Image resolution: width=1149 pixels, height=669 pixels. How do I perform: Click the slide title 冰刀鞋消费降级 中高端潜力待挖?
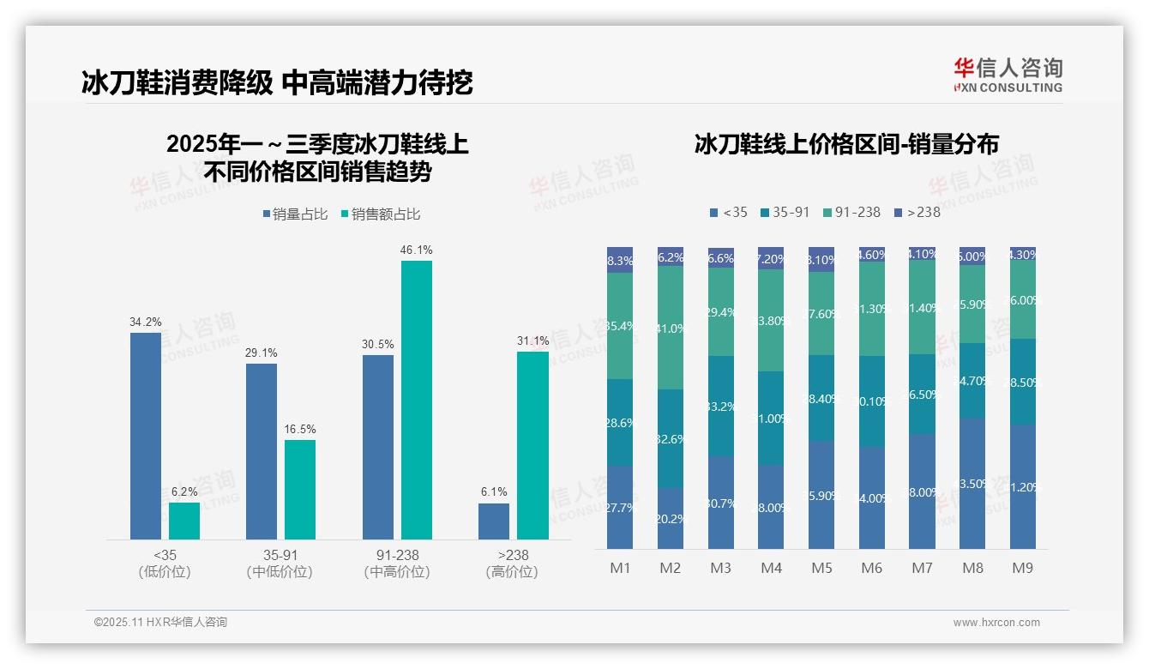277,83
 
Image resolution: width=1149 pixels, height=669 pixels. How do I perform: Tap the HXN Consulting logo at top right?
1008,75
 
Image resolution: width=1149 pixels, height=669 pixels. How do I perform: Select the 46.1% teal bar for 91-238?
417,400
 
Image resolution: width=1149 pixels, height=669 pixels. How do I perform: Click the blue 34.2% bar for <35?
146,436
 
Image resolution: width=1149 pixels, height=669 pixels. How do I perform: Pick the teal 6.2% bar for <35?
184,521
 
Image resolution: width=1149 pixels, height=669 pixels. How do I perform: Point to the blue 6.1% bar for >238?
494,521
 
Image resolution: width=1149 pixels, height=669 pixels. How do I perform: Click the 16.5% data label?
300,429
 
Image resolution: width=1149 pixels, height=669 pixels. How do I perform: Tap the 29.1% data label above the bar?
262,353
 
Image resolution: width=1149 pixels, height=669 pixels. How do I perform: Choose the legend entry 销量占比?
294,214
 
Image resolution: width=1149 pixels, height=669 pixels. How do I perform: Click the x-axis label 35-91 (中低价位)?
280,563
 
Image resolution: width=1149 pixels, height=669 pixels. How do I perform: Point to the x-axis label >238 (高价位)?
512,563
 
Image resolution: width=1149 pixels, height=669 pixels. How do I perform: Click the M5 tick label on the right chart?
821,568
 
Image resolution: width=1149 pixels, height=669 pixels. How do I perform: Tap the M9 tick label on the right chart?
1022,568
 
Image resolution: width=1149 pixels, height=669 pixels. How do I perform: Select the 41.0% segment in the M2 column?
671,328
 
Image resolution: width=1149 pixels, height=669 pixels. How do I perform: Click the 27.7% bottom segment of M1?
620,508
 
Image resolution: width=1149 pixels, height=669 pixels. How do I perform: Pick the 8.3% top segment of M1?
620,260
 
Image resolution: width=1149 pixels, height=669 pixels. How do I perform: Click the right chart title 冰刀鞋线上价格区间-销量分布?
846,144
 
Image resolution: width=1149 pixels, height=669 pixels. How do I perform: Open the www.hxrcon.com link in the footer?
996,623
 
